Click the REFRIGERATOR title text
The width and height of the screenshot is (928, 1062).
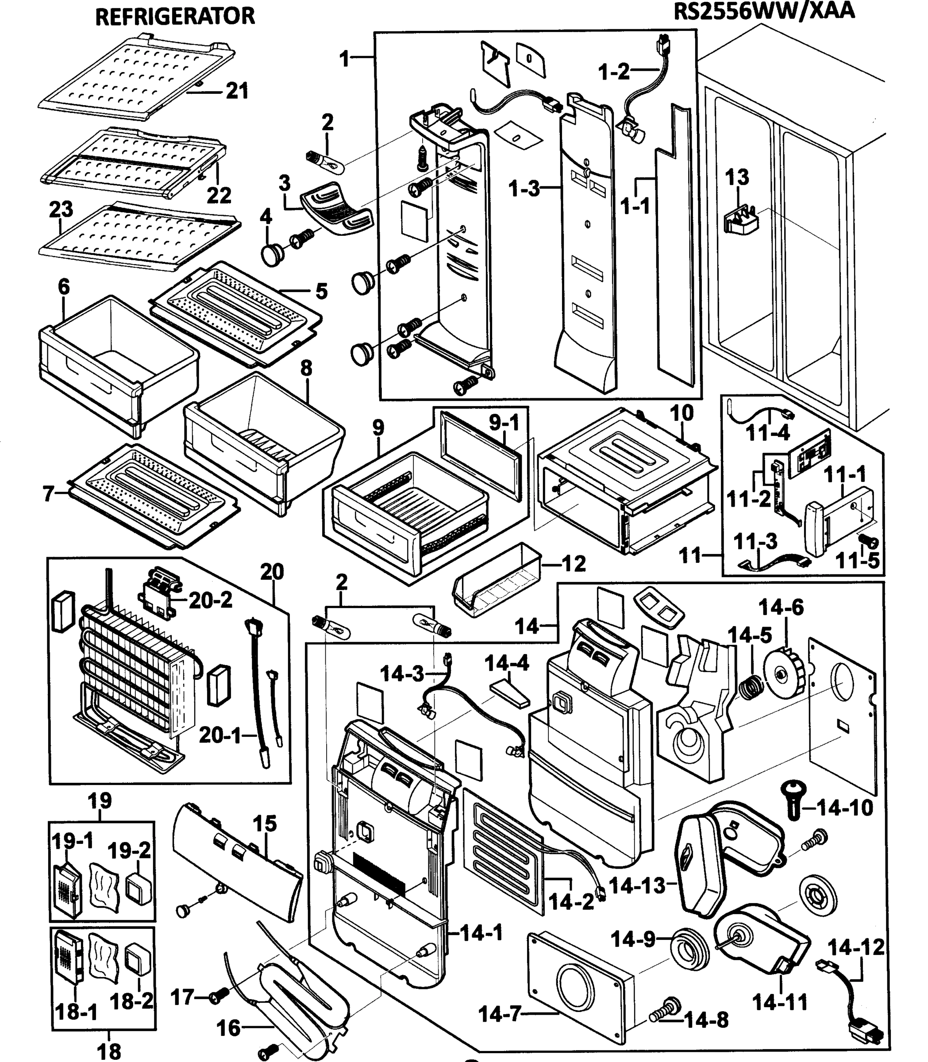[x=175, y=16]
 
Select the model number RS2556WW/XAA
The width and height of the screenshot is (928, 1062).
[x=764, y=12]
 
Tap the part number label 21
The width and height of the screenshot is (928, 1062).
[x=237, y=91]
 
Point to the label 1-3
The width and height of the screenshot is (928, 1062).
[x=524, y=189]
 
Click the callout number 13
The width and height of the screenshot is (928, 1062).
[x=737, y=177]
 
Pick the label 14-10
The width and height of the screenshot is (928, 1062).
[x=844, y=807]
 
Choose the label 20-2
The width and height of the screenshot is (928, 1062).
[x=210, y=600]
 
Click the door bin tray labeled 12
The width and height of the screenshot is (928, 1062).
[x=497, y=581]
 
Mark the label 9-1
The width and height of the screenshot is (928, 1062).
[x=504, y=423]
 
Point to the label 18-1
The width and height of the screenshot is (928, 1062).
[x=77, y=1011]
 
